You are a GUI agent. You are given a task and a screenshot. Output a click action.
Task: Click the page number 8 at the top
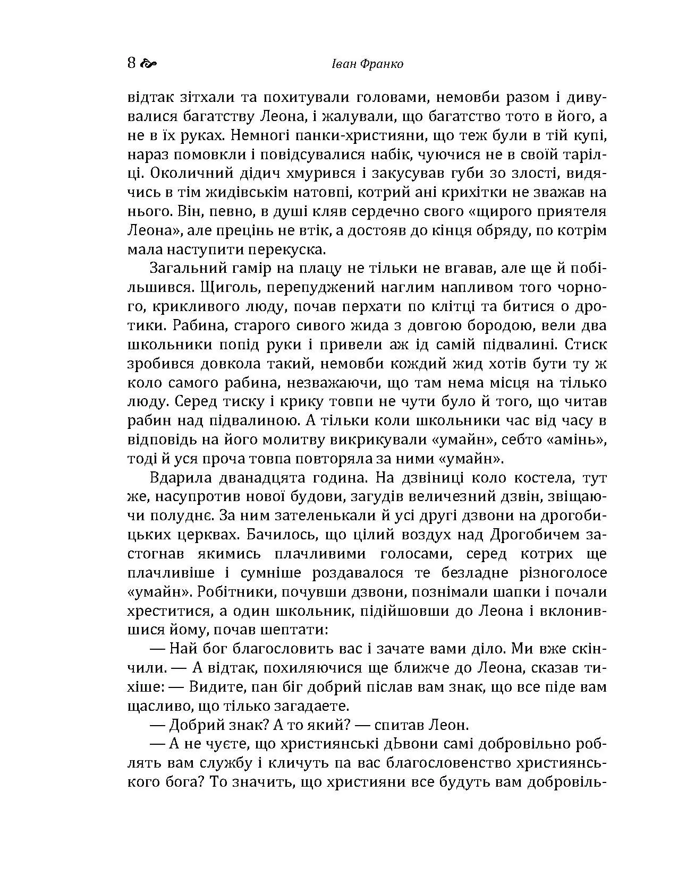(x=132, y=64)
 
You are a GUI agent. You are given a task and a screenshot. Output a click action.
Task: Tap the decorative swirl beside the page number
(x=149, y=64)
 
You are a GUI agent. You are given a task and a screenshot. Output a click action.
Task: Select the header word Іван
(x=347, y=64)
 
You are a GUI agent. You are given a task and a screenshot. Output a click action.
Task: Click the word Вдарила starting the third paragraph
(x=181, y=478)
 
